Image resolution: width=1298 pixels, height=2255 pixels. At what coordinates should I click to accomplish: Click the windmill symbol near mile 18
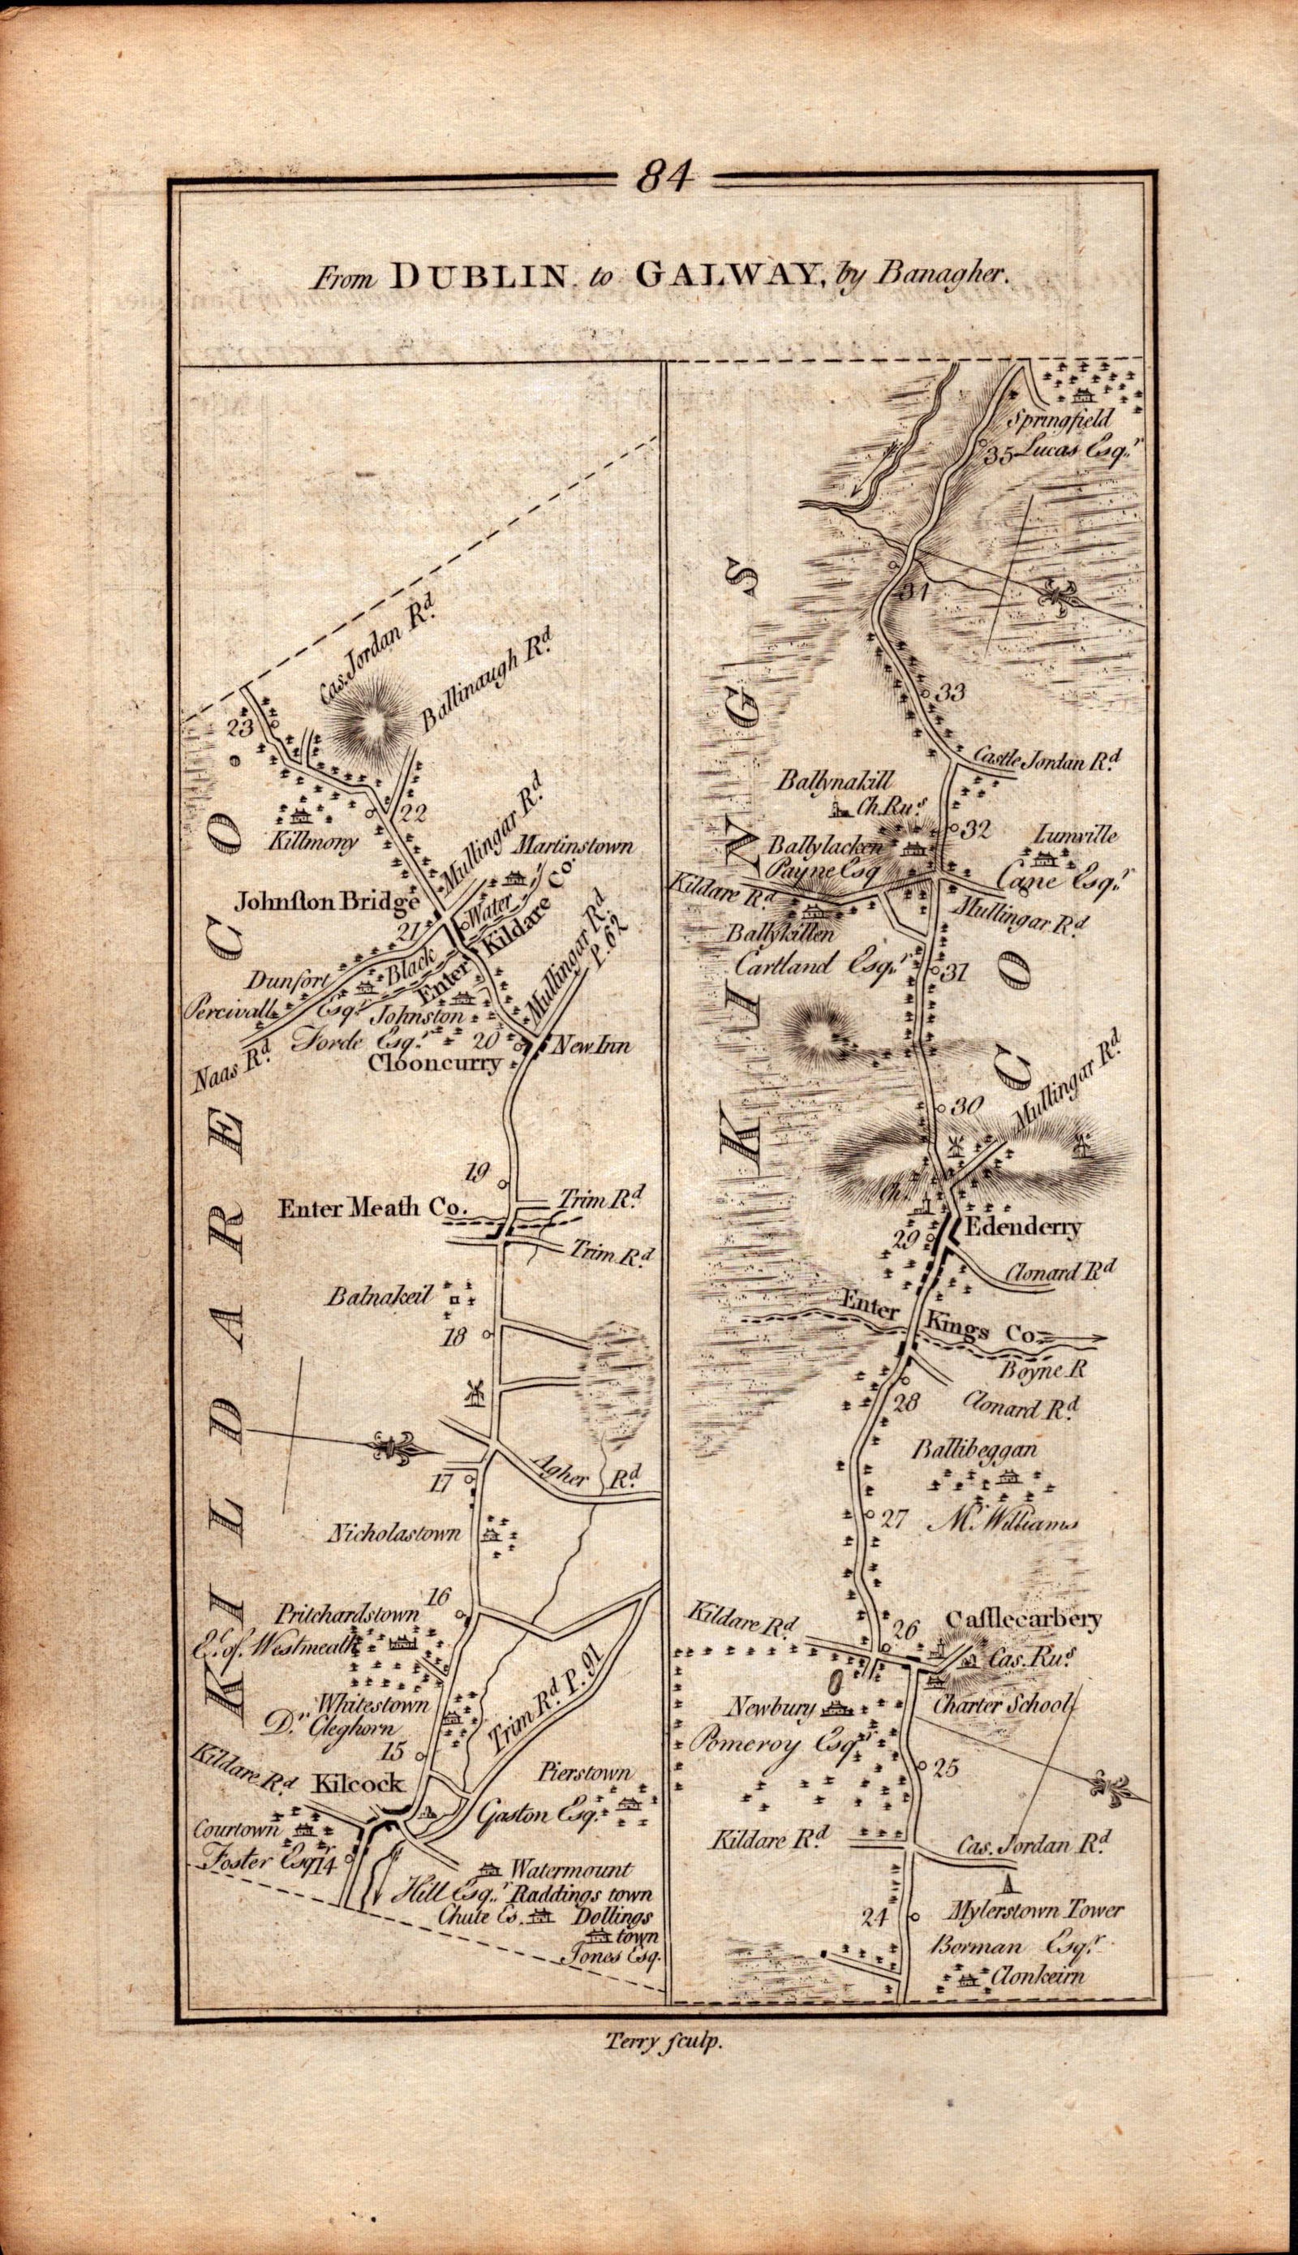tap(474, 1392)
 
